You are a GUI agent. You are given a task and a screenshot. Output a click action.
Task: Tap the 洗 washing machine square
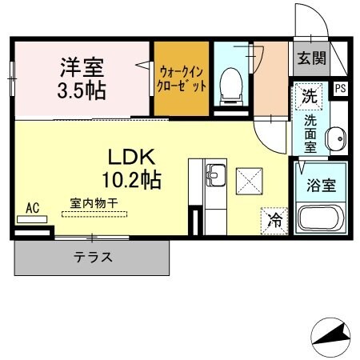pos(308,97)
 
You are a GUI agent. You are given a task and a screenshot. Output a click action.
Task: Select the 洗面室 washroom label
pos(310,134)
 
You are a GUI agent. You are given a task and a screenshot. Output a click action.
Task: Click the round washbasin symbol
pos(336,137)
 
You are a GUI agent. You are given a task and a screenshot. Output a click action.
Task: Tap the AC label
pos(33,207)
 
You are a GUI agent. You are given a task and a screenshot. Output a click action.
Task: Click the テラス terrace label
pos(93,258)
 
